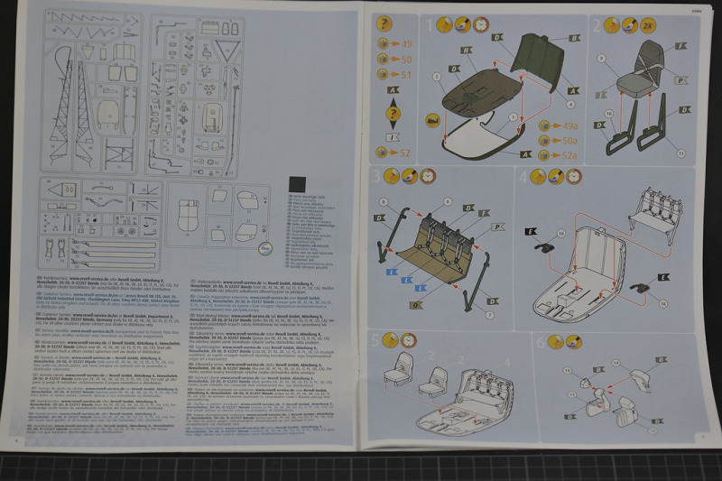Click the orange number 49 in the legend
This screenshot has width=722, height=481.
click(x=406, y=42)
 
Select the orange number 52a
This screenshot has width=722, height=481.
click(x=569, y=155)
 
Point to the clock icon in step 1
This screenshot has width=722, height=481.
click(x=480, y=24)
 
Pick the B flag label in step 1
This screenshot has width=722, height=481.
click(x=574, y=38)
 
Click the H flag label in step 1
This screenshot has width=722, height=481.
click(x=467, y=51)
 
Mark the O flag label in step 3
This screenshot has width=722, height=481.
click(x=415, y=304)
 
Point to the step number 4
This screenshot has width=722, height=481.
click(x=523, y=176)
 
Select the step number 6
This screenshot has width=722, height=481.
click(x=540, y=341)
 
